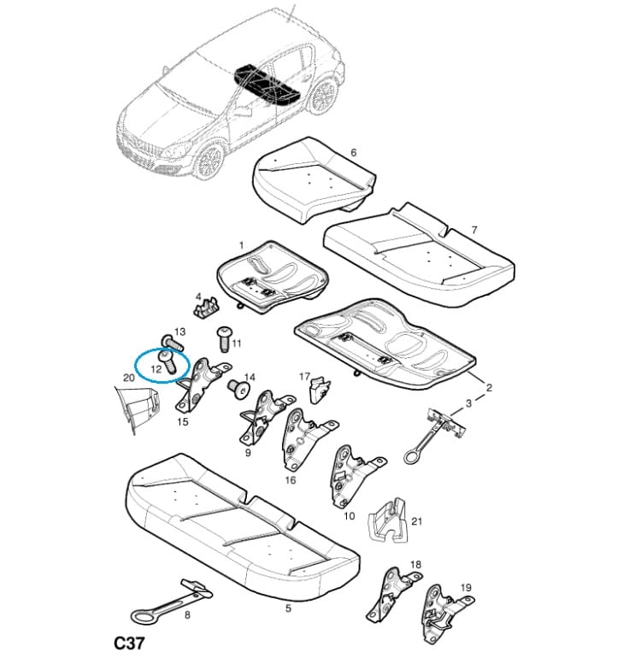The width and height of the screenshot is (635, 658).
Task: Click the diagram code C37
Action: [129, 643]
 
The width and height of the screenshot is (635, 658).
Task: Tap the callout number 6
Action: [353, 152]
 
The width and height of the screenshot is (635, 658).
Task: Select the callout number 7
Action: [474, 230]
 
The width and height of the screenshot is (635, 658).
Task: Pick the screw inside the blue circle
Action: [168, 362]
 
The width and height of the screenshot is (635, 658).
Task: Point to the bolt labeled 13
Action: [172, 343]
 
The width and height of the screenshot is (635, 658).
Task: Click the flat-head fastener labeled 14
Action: [238, 388]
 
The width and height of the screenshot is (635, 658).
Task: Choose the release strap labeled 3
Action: [434, 435]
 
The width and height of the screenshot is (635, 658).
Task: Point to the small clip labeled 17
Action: [320, 391]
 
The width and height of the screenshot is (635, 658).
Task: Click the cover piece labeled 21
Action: [388, 520]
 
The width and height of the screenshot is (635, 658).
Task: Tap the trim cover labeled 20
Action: [138, 408]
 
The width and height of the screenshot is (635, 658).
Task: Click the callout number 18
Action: [415, 564]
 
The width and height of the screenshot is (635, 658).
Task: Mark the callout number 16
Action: [290, 479]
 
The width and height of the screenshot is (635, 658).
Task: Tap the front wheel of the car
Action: [210, 161]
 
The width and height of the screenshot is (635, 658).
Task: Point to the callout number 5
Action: [288, 608]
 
